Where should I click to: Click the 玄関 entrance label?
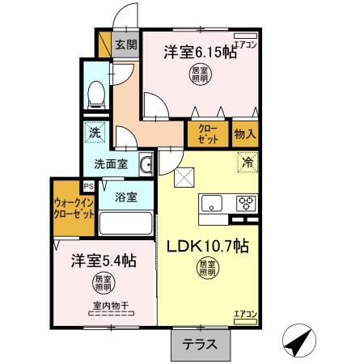[x=125, y=45]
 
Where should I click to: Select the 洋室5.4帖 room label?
[x=102, y=260]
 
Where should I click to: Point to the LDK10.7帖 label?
[x=208, y=246]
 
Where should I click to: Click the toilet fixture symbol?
[x=97, y=94]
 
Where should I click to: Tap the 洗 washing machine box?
[x=94, y=132]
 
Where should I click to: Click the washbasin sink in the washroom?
[x=146, y=166]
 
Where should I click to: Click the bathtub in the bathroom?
[x=126, y=222]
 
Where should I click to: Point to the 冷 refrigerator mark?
[x=247, y=162]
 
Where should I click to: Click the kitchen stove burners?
[x=246, y=204]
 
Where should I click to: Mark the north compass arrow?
[x=301, y=340]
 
